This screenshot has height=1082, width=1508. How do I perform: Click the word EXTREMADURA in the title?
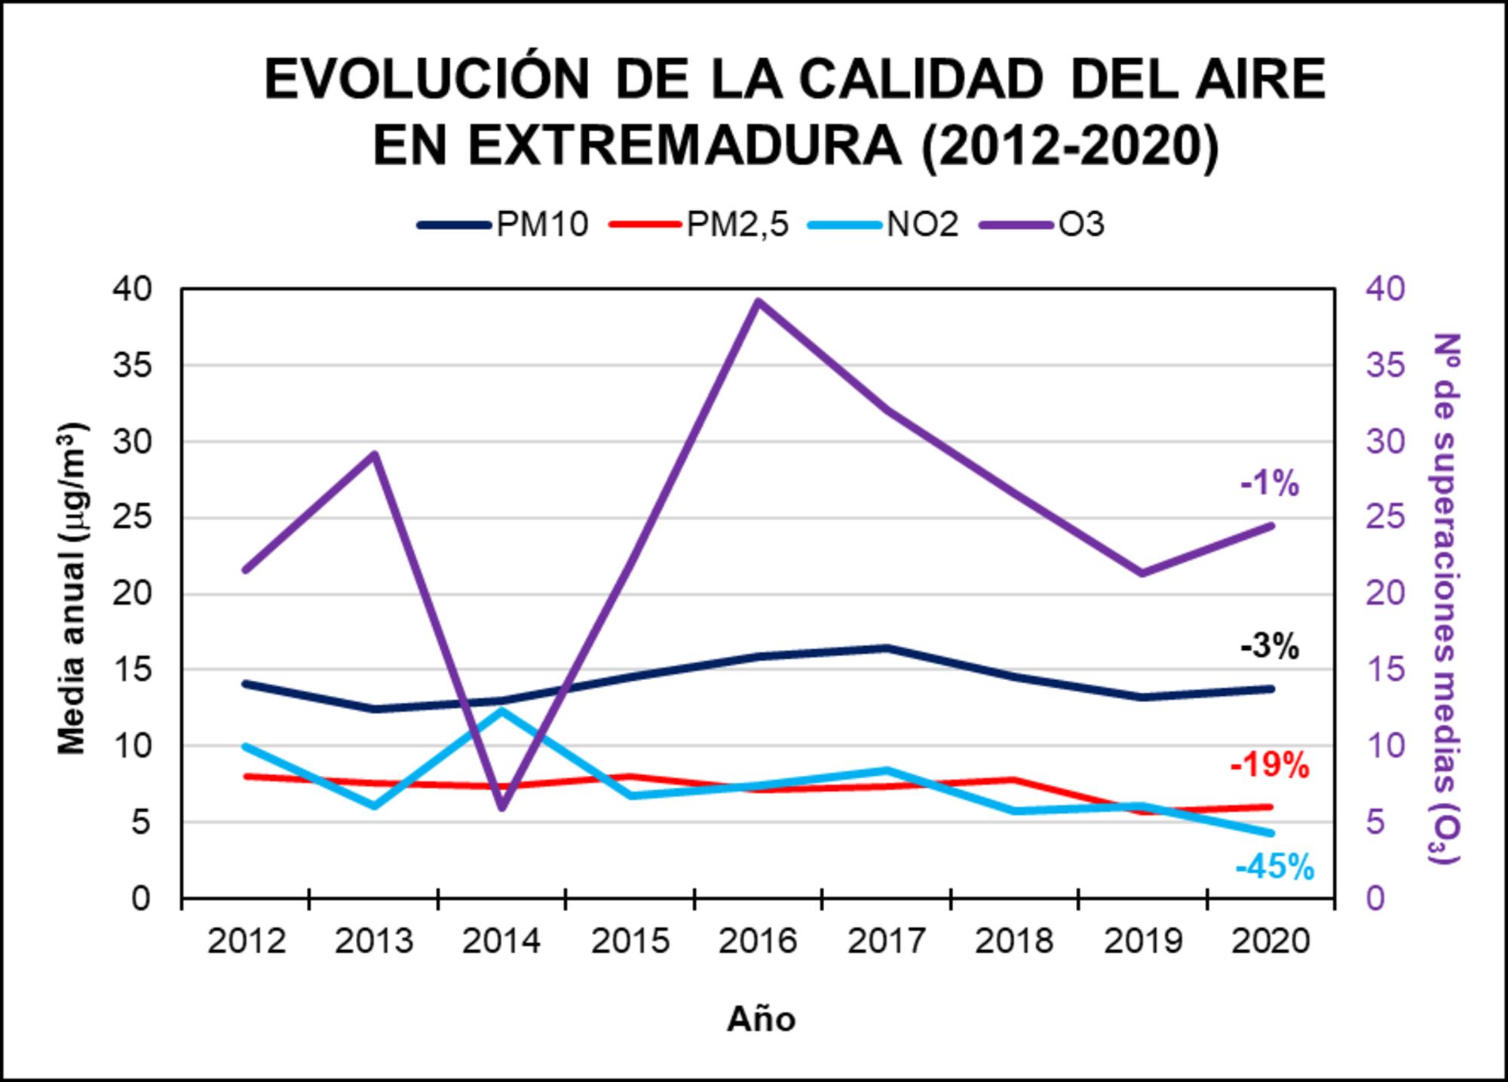pyautogui.click(x=684, y=146)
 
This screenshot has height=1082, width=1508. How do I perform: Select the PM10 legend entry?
pyautogui.click(x=503, y=225)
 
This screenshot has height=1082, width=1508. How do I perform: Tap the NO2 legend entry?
pyautogui.click(x=884, y=225)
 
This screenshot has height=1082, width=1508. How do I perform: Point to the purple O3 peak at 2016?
pyautogui.click(x=759, y=302)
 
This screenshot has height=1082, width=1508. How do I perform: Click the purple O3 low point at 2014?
pyautogui.click(x=503, y=808)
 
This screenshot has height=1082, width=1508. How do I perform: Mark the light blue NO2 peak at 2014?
pyautogui.click(x=501, y=710)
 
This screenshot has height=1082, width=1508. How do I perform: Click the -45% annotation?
pyautogui.click(x=1274, y=867)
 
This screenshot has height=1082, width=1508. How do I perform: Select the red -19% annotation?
pyautogui.click(x=1270, y=765)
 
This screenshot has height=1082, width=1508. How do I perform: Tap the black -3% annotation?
pyautogui.click(x=1270, y=646)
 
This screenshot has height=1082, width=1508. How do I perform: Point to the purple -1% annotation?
pyautogui.click(x=1270, y=483)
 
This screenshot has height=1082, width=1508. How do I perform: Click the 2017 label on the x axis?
pyautogui.click(x=886, y=941)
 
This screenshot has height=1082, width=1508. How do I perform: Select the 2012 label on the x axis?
pyautogui.click(x=247, y=941)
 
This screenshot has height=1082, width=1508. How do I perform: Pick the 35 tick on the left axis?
pyautogui.click(x=132, y=366)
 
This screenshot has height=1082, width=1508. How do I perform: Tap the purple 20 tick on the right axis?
pyautogui.click(x=1386, y=593)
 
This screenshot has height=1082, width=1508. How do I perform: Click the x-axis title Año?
pyautogui.click(x=761, y=1019)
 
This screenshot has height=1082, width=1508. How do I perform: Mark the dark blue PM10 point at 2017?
pyautogui.click(x=887, y=648)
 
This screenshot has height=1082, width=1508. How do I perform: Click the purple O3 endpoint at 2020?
pyautogui.click(x=1271, y=526)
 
